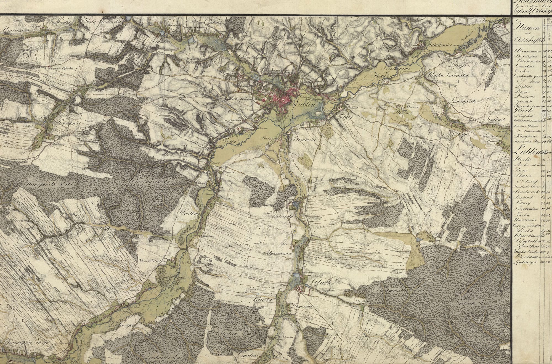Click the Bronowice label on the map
click(307, 140)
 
